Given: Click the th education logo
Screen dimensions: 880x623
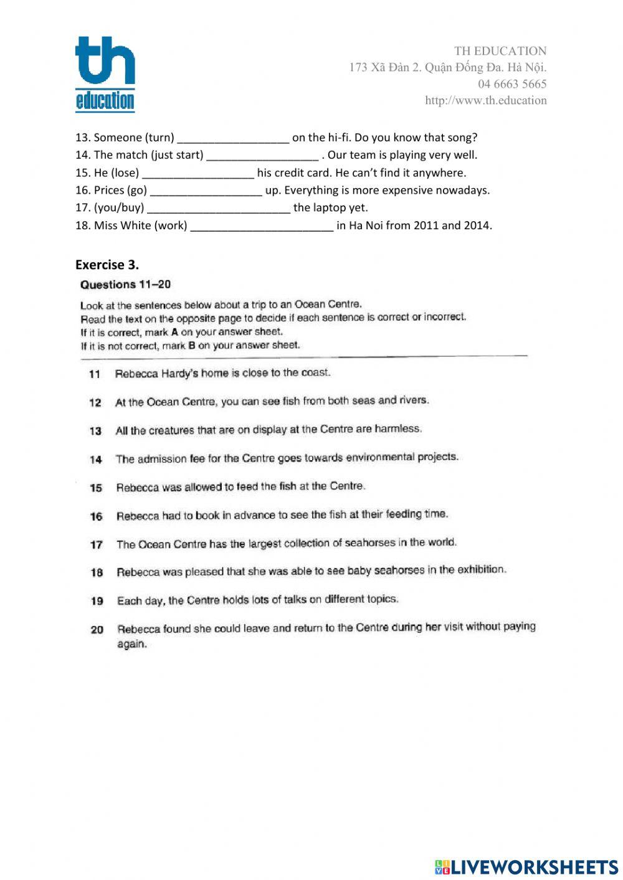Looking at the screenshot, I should [105, 73].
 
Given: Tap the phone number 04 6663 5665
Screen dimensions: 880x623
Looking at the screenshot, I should [512, 84].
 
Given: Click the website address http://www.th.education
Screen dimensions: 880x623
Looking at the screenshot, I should [485, 100].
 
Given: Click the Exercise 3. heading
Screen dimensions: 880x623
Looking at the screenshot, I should [107, 265].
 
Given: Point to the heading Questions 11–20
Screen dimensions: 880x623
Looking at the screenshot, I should [125, 285].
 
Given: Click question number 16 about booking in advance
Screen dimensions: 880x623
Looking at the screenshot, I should [96, 516].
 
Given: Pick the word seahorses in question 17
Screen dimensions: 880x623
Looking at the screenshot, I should [369, 542].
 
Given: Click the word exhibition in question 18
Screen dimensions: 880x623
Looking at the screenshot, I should [481, 569].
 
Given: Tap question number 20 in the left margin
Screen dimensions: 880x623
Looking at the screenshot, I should [97, 630].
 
